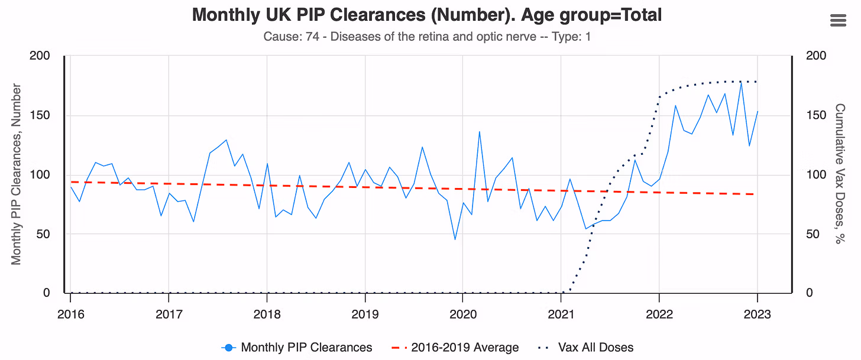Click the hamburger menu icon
(839, 20)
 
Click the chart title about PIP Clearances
(427, 15)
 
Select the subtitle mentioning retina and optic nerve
(427, 37)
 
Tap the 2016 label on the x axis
(70, 314)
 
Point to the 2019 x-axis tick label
(365, 314)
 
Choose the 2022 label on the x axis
(659, 314)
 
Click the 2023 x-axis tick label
(757, 314)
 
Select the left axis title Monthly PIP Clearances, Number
(17, 174)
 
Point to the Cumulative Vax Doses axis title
(839, 174)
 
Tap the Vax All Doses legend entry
(585, 348)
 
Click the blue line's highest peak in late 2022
(741, 82)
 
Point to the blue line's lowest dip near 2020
(455, 239)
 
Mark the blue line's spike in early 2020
(480, 131)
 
